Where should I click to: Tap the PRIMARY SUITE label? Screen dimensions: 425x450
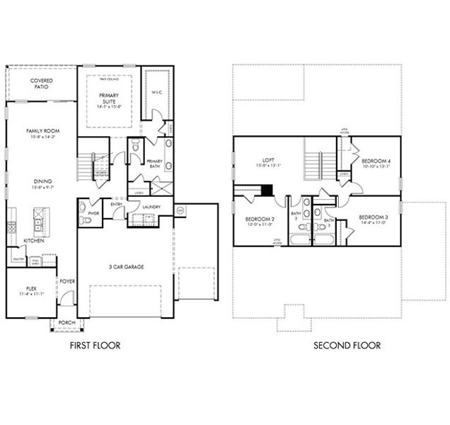click(x=108, y=98)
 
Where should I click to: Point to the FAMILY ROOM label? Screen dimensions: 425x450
click(x=42, y=131)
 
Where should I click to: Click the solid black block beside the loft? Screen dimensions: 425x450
click(x=267, y=190)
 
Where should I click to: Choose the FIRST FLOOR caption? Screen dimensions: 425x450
click(x=94, y=346)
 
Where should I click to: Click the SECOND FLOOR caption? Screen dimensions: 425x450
click(x=347, y=346)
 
